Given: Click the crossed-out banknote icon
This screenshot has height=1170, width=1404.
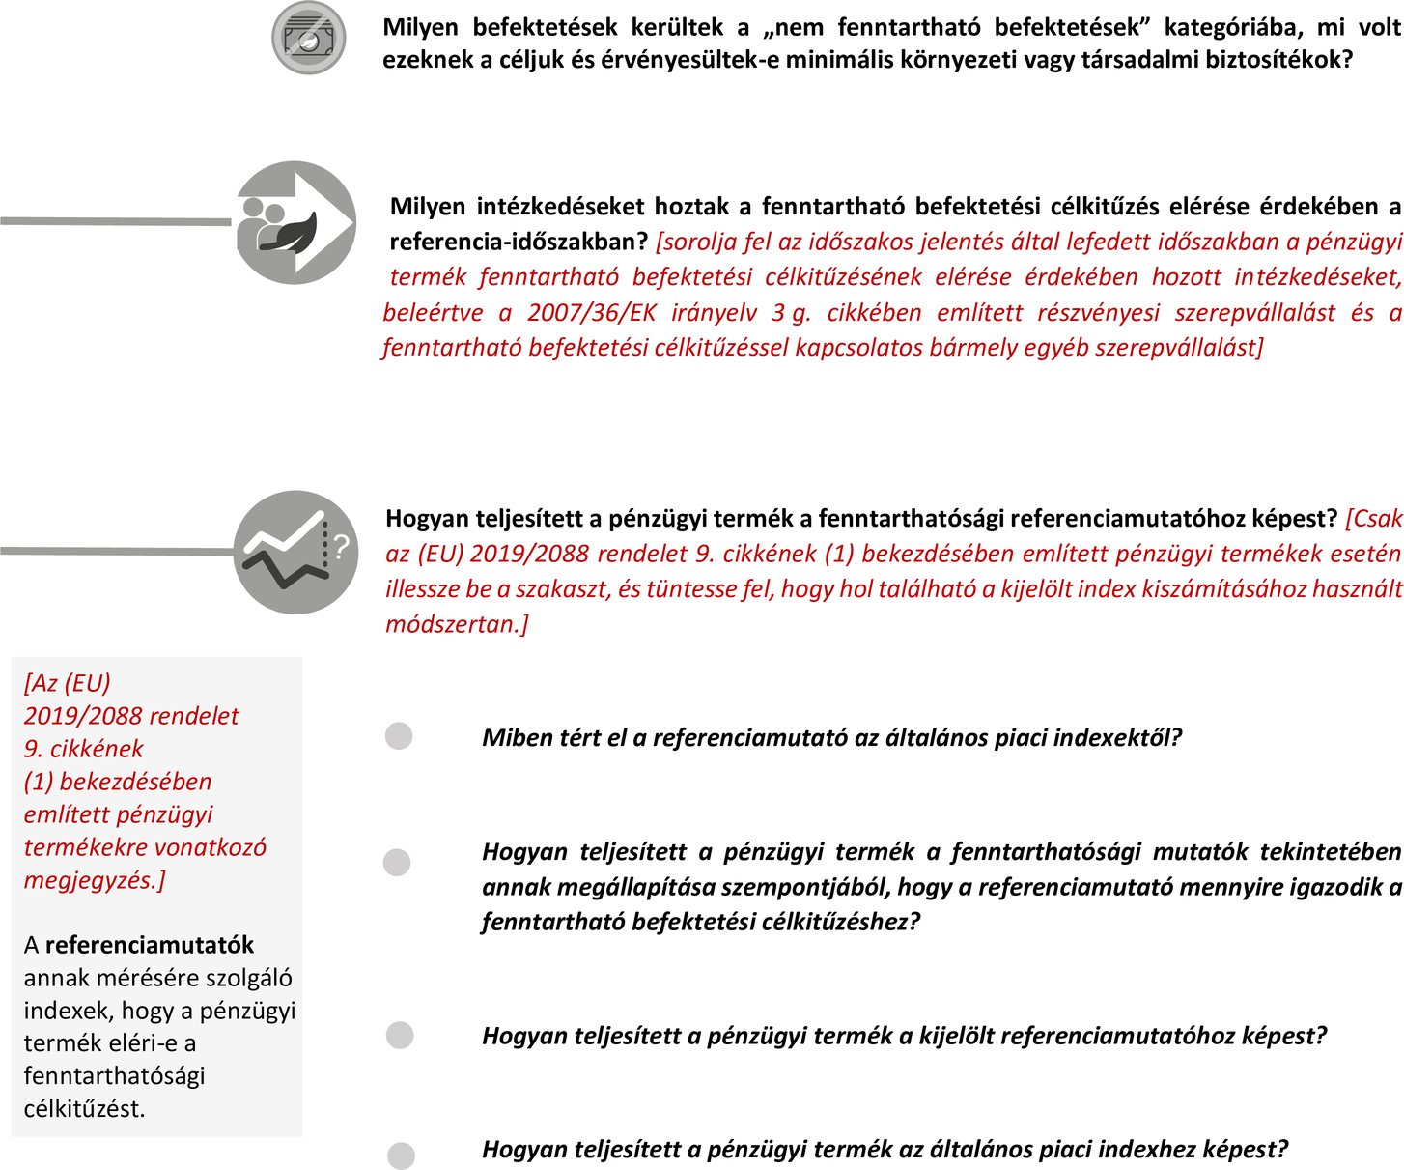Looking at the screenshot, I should point(308,39).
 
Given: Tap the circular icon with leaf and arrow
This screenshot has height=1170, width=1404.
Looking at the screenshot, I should point(296,222).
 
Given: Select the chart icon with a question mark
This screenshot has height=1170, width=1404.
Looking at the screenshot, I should point(296,552).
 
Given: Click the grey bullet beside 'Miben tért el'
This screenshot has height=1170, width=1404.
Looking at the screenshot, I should point(399,736).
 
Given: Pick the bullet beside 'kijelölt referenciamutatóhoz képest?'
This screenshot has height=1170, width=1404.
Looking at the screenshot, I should point(400,1036).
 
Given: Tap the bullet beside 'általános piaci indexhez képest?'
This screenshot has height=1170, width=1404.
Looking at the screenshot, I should point(401,1156).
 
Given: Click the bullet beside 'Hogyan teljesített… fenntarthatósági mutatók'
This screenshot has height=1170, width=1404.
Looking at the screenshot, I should point(397,862).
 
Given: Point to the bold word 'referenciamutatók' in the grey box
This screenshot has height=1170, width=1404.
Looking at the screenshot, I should point(150,945).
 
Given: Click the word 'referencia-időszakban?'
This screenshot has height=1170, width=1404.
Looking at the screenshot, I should point(519,242).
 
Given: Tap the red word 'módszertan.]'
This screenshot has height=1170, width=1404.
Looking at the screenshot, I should point(457,624).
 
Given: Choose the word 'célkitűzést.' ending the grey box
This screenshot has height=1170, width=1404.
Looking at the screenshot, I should point(84,1108).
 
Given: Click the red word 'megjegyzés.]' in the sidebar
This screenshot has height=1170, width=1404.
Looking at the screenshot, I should point(94,880).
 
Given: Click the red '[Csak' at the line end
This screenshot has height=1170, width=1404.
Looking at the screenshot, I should point(1373,518).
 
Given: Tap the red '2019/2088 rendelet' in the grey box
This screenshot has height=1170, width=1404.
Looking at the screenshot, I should point(131,716).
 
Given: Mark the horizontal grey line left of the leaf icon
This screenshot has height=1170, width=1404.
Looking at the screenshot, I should point(116,222).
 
